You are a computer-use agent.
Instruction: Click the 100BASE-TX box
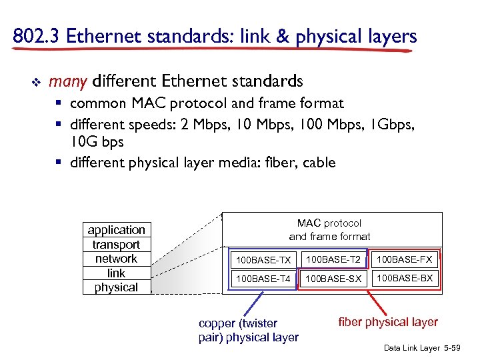tap(264, 259)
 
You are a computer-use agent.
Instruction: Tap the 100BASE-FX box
tap(405, 259)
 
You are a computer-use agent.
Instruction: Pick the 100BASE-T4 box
tap(264, 279)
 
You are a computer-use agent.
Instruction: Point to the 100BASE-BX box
tap(405, 278)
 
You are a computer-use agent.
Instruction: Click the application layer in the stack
tap(117, 230)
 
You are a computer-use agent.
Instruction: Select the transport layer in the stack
tap(117, 245)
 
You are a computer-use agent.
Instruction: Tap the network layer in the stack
tap(117, 259)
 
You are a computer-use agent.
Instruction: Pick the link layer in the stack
tap(117, 273)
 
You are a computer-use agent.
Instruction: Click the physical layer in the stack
tap(117, 287)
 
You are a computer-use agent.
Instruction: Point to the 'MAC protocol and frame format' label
tap(329, 229)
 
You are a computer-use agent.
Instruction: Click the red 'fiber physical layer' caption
tap(388, 322)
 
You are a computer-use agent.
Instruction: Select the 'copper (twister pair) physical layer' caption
tap(248, 330)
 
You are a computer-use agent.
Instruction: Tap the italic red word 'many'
tap(68, 81)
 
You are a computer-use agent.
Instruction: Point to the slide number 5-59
tap(461, 349)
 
